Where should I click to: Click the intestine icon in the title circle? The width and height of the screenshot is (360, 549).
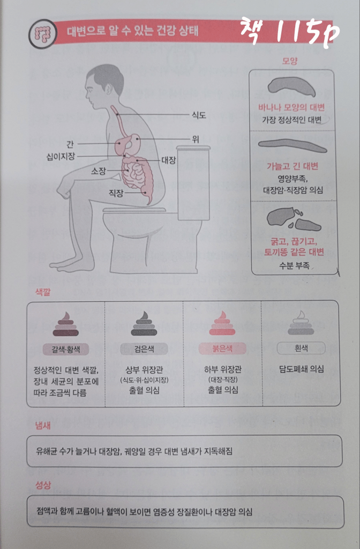pyautogui.click(x=42, y=34)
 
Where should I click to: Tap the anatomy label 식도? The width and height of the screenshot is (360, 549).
pyautogui.click(x=199, y=115)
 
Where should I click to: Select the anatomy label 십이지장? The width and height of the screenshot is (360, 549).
pyautogui.click(x=61, y=156)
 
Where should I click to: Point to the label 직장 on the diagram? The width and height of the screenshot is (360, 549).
pyautogui.click(x=116, y=192)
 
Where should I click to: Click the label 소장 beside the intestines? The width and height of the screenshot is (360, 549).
pyautogui.click(x=99, y=171)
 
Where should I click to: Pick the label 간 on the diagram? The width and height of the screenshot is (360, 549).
pyautogui.click(x=70, y=144)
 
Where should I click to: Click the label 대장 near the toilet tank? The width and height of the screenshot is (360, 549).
pyautogui.click(x=169, y=160)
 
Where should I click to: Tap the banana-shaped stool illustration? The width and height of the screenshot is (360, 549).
pyautogui.click(x=291, y=87)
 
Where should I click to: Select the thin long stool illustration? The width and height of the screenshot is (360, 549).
pyautogui.click(x=292, y=145)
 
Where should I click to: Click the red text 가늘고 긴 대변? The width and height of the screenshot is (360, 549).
pyautogui.click(x=292, y=166)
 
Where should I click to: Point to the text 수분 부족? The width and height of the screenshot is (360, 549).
pyautogui.click(x=294, y=265)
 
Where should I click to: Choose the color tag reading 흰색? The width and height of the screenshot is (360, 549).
pyautogui.click(x=301, y=348)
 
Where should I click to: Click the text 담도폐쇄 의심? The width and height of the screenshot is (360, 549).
pyautogui.click(x=302, y=369)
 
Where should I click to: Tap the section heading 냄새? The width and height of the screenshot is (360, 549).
pyautogui.click(x=43, y=425)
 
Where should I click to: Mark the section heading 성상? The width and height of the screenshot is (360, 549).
pyautogui.click(x=43, y=485)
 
